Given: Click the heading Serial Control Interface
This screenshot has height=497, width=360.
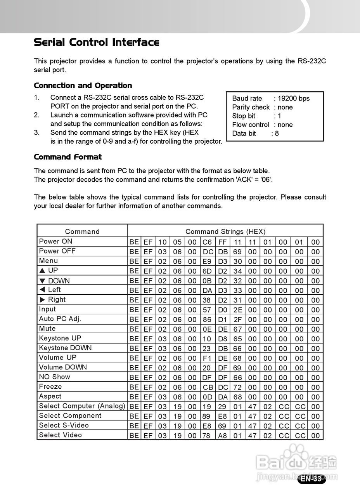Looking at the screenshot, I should tap(97, 42).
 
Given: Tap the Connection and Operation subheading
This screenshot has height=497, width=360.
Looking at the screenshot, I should tap(83, 85).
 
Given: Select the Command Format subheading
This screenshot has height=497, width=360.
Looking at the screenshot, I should tap(68, 157).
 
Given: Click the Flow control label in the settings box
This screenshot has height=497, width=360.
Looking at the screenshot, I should tap(251, 125).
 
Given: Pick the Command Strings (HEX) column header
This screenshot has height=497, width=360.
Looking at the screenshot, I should tap(225, 231).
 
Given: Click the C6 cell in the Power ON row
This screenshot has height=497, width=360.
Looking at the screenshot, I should tap(207, 242).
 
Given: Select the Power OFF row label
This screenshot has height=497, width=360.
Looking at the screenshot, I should tap(57, 251).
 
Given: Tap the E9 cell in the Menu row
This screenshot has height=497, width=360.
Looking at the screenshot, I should tap(207, 261).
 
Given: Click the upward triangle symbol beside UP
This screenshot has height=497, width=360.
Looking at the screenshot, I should tap(42, 271).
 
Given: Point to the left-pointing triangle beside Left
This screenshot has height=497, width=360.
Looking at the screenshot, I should tap(42, 290).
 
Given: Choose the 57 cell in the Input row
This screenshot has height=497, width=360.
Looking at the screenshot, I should tap(207, 310).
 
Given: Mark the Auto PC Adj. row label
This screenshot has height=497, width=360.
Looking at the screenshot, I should tap(60, 319).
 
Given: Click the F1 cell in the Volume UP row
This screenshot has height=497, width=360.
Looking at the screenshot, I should tap(207, 358).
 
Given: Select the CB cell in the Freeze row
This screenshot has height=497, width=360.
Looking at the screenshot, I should tap(207, 388).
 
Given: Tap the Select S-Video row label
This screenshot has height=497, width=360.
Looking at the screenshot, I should tap(64, 425).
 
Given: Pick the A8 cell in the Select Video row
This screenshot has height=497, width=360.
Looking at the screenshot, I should tap(222, 436).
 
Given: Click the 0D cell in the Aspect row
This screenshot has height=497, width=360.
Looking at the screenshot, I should tap(207, 397).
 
